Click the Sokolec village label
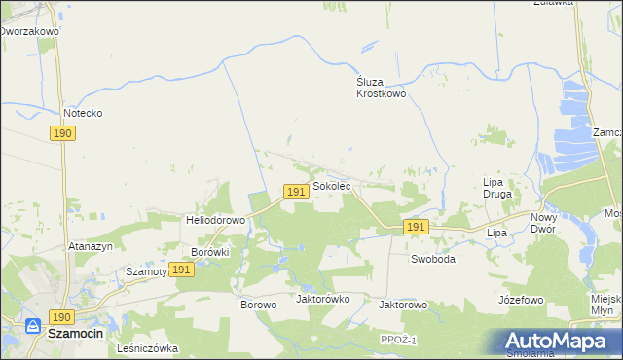pos(331,185)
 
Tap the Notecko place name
pos(83,113)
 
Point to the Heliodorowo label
pos(215,220)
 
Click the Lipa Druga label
pos(498,187)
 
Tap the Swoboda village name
pos(433,259)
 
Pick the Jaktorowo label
pos(403,305)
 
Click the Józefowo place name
pos(520,300)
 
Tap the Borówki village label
pos(209,252)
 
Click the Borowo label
pos(259,305)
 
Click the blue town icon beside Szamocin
pos(33,329)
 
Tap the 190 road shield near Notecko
pos(63,133)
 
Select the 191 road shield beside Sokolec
pos(297,192)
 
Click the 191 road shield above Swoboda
pos(416,227)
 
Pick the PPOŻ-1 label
pos(399,339)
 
